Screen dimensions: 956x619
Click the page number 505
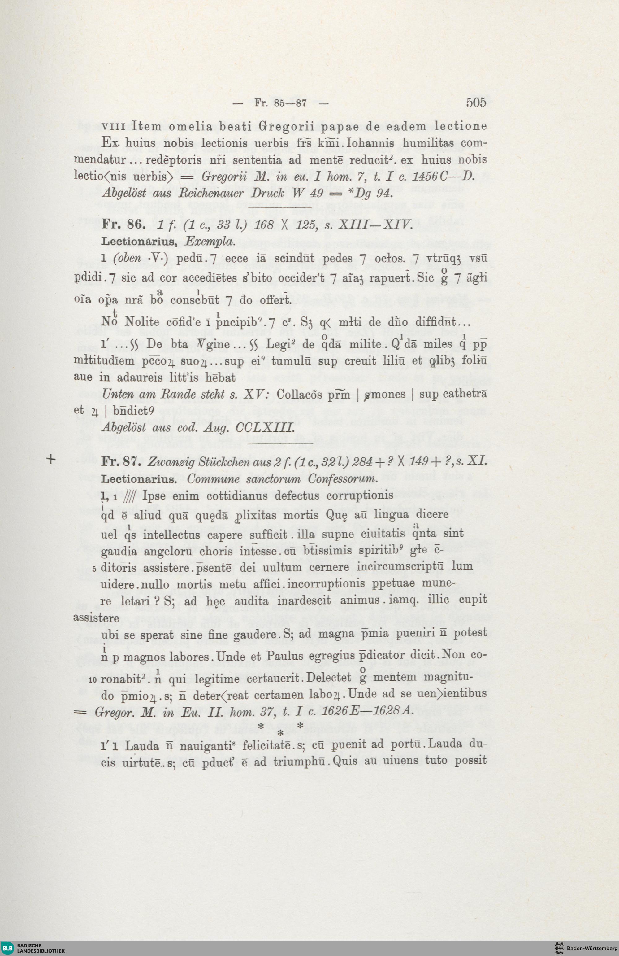476,103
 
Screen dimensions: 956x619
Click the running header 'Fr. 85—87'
281,103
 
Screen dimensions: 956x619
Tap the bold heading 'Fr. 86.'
123,225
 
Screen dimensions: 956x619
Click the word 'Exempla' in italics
210,242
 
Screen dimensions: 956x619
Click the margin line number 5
93,569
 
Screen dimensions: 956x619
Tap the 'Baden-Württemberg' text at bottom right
592,948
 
